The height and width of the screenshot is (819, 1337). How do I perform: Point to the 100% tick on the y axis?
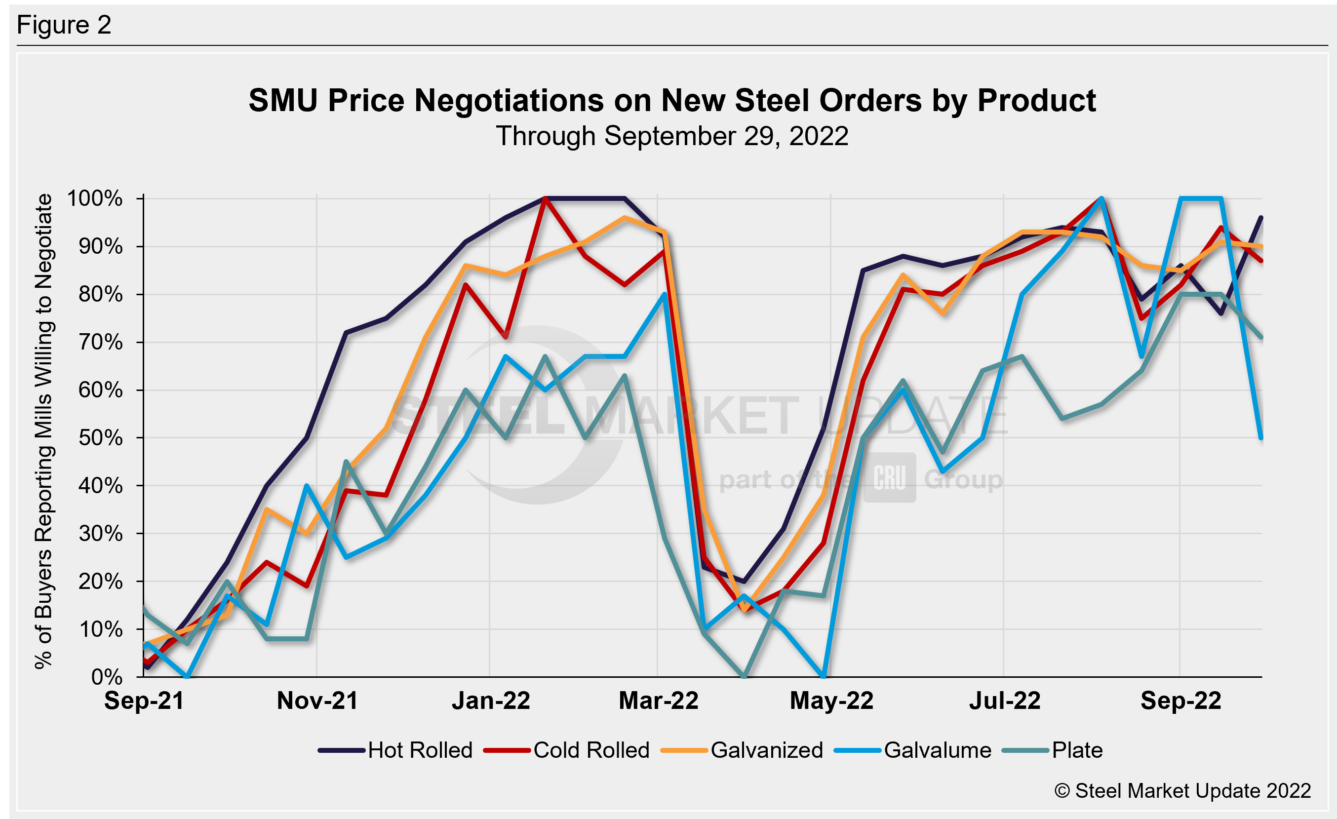coord(94,198)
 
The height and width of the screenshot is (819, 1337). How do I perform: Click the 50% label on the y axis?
coord(100,438)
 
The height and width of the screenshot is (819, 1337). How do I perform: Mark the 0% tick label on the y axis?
coord(107,677)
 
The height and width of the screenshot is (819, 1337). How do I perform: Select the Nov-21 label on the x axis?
coord(317,701)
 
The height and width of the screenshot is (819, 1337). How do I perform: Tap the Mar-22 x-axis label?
coord(658,701)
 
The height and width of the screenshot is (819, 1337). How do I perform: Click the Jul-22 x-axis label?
coord(1004,701)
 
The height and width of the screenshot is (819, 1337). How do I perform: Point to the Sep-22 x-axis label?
coord(1180,701)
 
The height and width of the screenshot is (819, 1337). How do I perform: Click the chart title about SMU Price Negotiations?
coord(672,100)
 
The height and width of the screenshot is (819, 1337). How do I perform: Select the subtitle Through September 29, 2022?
coord(672,136)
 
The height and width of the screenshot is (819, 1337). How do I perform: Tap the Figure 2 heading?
coord(64,25)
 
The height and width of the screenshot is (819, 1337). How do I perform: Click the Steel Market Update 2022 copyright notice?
coord(1182,791)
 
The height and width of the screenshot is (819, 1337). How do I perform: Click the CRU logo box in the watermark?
coord(889,478)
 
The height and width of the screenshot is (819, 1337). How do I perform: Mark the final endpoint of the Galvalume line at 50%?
coord(1261,438)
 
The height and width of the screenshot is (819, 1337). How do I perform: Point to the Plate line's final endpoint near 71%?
coord(1261,337)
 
